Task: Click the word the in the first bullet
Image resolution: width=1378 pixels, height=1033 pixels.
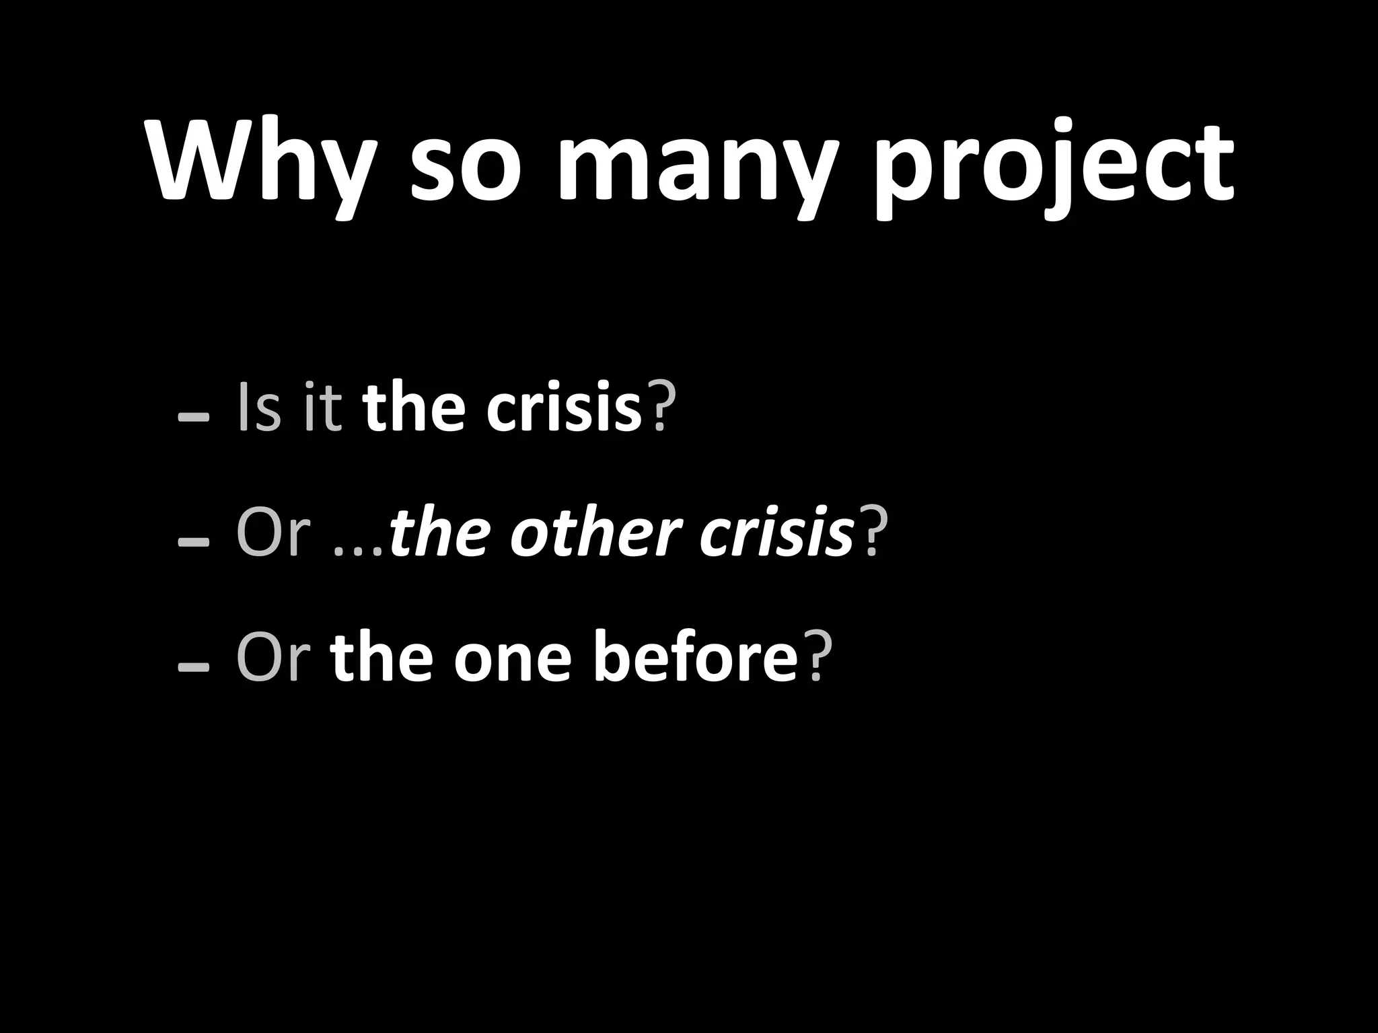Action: (414, 408)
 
